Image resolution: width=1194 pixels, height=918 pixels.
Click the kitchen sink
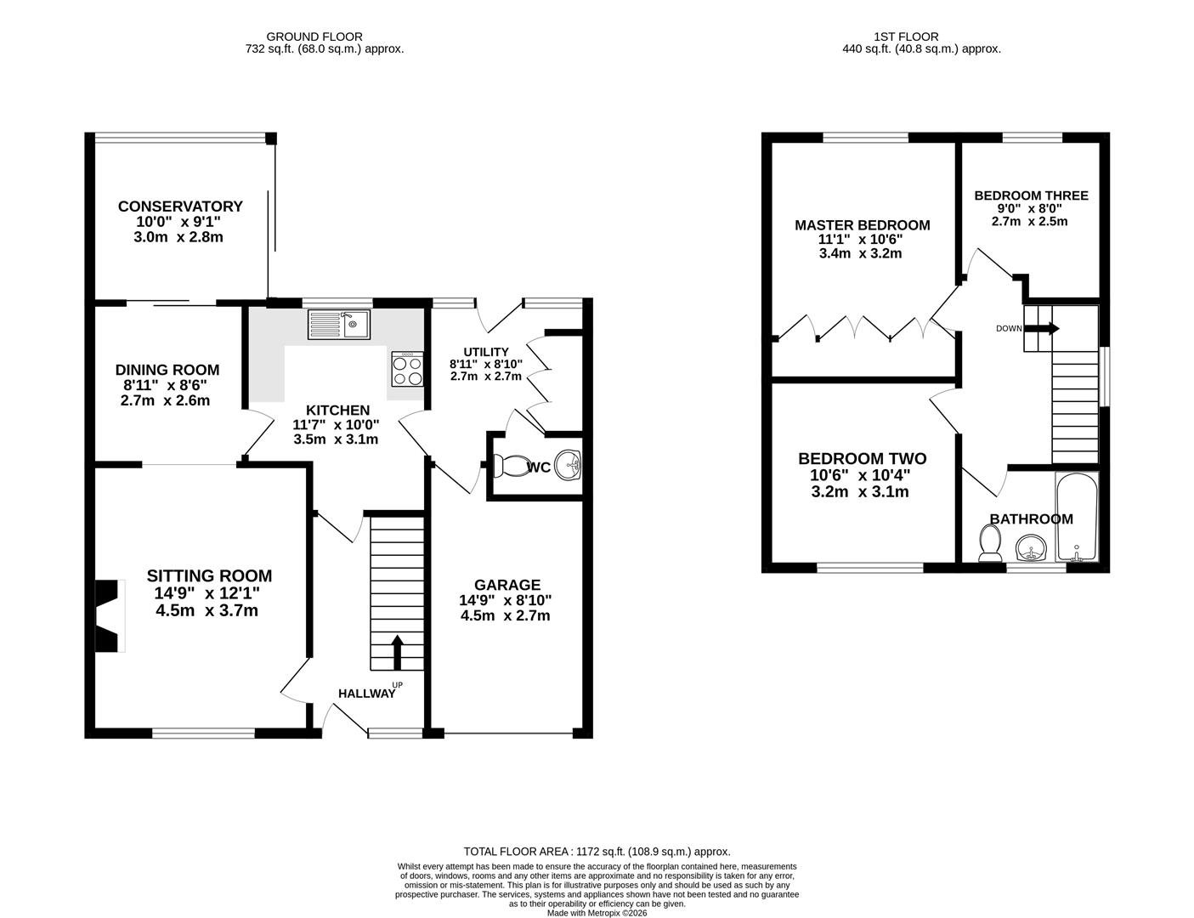click(338, 324)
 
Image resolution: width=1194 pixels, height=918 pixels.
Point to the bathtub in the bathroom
click(1077, 517)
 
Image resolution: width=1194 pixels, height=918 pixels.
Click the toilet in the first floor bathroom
click(990, 543)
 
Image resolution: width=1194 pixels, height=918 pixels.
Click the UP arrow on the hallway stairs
click(397, 653)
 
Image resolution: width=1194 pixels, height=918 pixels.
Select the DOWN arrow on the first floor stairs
click(1042, 328)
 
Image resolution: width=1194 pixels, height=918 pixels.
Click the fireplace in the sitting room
click(110, 616)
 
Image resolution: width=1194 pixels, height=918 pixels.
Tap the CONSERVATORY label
click(180, 207)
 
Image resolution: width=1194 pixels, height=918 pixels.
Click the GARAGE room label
click(507, 585)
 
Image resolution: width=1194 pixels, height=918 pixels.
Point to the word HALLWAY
click(366, 694)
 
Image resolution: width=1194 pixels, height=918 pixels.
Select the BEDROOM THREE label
click(1031, 195)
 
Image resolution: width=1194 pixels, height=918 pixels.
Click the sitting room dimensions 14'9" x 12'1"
click(207, 593)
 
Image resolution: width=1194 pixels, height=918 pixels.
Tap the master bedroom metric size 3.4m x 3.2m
click(861, 253)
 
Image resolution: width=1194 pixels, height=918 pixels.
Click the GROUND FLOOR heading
click(314, 37)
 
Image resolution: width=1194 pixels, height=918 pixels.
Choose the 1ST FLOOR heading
click(906, 37)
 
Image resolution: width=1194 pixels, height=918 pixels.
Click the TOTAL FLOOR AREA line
click(597, 852)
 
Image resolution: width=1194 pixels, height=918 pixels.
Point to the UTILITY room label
click(486, 352)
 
